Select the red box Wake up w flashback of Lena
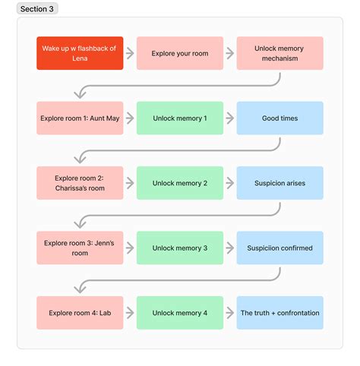tap(80, 53)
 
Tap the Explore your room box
tap(180, 53)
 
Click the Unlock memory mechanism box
tap(279, 53)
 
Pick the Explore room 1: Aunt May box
tap(80, 118)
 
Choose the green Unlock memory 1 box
tap(180, 118)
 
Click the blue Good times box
tap(279, 118)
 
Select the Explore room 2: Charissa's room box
tap(80, 183)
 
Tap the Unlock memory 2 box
tap(180, 183)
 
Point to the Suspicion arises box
tap(279, 183)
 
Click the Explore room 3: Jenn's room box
tap(80, 248)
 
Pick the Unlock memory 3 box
tap(180, 248)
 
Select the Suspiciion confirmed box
tap(279, 248)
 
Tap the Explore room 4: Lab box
tap(80, 313)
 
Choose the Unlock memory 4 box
tap(180, 313)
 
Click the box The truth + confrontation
tap(279, 313)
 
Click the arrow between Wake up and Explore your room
tap(130, 53)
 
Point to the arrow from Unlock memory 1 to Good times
tap(230, 118)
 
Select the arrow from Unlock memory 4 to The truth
tap(230, 313)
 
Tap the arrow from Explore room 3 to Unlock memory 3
tap(130, 248)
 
